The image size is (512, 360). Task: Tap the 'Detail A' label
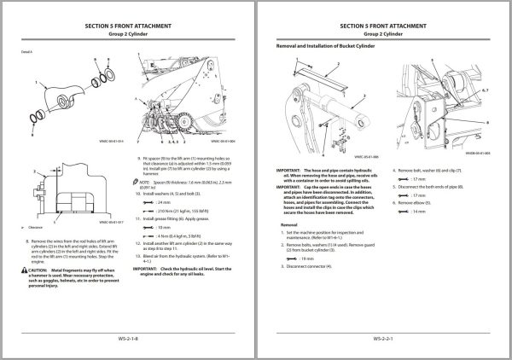point(27,52)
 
